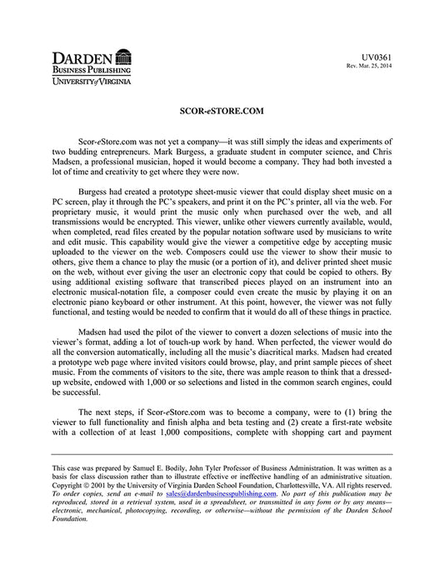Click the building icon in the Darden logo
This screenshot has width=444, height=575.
click(122, 56)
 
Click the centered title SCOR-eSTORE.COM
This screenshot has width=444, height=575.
click(222, 110)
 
